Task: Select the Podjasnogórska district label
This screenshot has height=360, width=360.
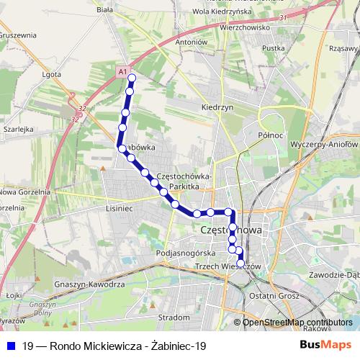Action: coord(185,254)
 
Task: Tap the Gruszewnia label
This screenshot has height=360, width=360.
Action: coord(18,35)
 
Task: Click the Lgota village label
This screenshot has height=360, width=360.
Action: coord(51,73)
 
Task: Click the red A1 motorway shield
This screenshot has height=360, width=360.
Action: coord(123,72)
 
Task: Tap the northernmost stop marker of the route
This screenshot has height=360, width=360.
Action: coord(132,78)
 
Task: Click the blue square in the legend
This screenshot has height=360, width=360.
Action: coord(10,346)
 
